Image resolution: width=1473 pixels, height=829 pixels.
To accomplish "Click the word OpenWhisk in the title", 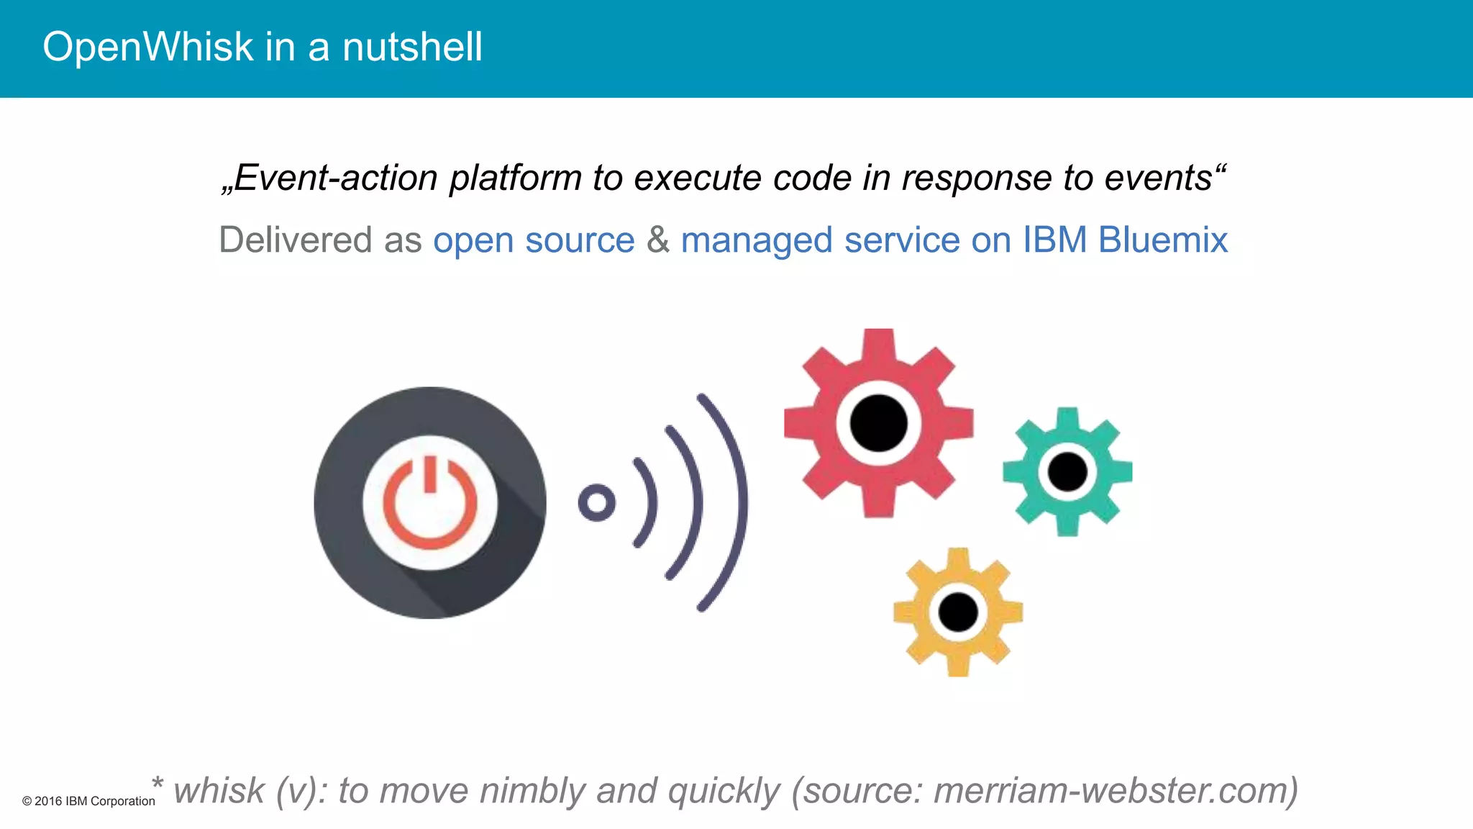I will click(x=147, y=47).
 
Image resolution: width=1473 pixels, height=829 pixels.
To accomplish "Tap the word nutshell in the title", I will click(x=412, y=47).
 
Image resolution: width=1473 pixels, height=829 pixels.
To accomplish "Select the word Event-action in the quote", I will click(x=335, y=178).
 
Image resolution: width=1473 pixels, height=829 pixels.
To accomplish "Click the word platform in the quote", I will click(x=515, y=178).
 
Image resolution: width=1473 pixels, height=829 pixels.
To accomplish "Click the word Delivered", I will click(x=295, y=240).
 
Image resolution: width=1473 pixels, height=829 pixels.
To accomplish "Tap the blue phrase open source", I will click(x=534, y=240).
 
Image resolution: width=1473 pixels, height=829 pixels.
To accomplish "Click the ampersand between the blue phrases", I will click(x=657, y=240).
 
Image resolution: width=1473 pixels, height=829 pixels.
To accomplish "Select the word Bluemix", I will click(x=1163, y=240).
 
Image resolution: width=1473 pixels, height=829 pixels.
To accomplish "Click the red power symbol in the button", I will click(x=430, y=504).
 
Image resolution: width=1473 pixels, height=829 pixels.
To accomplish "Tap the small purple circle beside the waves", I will click(x=596, y=502).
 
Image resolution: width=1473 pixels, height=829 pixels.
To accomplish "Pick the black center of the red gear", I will click(x=878, y=423).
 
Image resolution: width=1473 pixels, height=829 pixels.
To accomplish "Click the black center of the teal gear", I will click(x=1067, y=472).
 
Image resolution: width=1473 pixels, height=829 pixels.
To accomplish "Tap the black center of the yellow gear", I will click(x=958, y=612).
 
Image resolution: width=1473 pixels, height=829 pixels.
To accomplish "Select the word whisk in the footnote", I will click(x=219, y=791).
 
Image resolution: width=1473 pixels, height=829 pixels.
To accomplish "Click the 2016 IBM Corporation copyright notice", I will click(x=88, y=802).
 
